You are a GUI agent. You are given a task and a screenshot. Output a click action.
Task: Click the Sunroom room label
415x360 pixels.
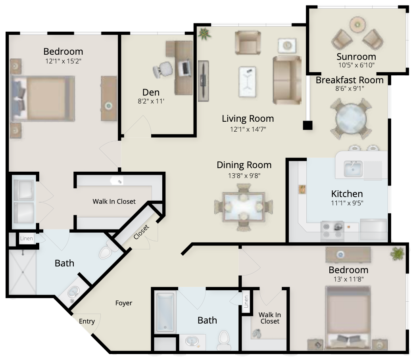(x=356, y=57)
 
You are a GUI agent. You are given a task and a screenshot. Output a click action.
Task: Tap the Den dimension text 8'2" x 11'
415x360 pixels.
(x=151, y=101)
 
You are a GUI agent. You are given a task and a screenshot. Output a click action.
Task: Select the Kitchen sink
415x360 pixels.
(x=353, y=169)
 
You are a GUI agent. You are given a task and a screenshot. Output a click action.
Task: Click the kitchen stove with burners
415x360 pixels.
(x=332, y=231)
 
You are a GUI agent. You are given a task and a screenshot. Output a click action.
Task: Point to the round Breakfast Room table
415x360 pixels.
(x=351, y=119)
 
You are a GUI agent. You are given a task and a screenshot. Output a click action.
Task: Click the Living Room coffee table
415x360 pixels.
(x=247, y=81)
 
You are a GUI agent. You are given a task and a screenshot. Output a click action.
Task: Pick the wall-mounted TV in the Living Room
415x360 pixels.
(x=203, y=81)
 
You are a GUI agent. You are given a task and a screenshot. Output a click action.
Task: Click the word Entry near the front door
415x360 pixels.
(x=87, y=321)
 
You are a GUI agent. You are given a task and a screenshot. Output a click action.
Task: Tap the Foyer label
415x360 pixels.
(x=124, y=303)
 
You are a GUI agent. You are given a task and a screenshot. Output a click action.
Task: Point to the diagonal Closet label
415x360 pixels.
(x=141, y=232)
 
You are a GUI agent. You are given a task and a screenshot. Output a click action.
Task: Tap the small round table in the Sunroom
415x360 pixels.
(x=357, y=25)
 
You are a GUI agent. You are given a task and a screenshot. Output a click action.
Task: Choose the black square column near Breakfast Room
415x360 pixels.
(x=307, y=125)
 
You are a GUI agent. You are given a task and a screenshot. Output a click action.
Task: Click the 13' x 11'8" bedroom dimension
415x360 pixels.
(x=348, y=279)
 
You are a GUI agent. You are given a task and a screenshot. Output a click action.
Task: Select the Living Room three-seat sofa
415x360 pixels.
(x=287, y=80)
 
